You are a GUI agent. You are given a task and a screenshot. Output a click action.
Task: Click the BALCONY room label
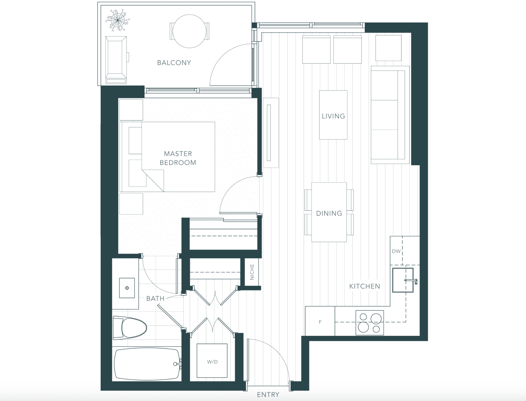coord(174,63)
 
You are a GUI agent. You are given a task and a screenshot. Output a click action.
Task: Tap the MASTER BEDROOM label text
coord(178,158)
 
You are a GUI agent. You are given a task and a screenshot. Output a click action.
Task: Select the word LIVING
coord(333,116)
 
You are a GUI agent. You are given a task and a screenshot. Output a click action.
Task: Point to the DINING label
coord(329,213)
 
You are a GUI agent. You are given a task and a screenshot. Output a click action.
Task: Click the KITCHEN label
coord(365,286)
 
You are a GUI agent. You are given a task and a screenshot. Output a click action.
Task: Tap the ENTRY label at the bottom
coord(268,395)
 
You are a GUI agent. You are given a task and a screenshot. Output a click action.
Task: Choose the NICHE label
coord(252,272)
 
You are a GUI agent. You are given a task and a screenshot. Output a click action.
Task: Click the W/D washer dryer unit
coord(212,361)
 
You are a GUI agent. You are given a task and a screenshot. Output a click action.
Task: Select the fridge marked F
coord(320,321)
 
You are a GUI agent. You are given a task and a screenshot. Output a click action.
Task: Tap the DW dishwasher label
coord(396,251)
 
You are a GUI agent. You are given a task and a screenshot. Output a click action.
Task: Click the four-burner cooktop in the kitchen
coord(370,322)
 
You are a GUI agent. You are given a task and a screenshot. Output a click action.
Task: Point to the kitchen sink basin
coord(403,280)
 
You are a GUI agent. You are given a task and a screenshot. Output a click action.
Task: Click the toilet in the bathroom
coord(130,328)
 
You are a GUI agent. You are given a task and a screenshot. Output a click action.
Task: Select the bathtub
coord(147,364)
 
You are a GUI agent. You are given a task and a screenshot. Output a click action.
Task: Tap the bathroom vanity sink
coord(127,288)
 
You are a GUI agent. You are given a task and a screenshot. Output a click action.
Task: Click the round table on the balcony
coord(190,31)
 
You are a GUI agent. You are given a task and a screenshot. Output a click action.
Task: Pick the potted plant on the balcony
coord(118,20)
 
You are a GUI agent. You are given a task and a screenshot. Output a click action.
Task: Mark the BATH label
coord(155,299)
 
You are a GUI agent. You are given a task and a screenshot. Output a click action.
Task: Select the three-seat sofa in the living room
coord(390,115)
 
